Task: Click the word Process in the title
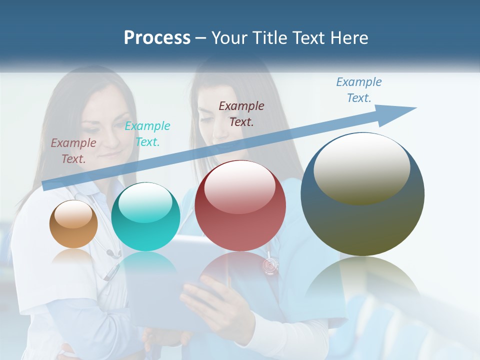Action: point(157,38)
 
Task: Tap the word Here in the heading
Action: point(349,38)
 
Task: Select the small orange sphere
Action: point(73,224)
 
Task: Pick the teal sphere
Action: point(145,217)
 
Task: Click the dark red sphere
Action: point(240,206)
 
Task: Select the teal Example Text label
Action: point(147,134)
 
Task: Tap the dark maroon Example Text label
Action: point(241,113)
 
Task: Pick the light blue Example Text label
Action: point(359,90)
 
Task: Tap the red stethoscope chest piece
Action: point(270,265)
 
